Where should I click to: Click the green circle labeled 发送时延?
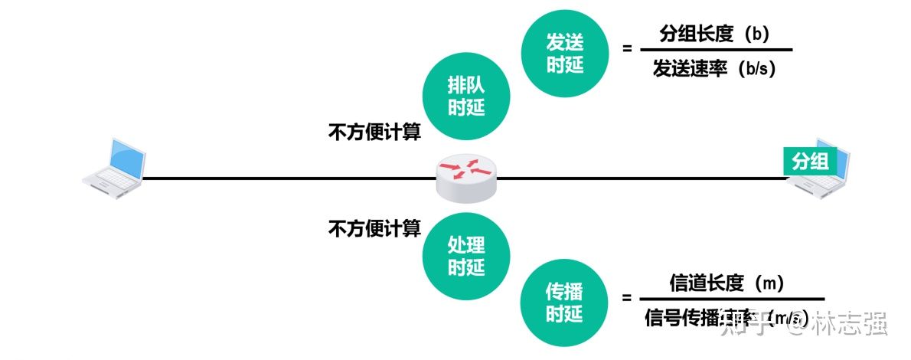tap(565, 54)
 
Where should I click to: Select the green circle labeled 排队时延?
tap(466, 97)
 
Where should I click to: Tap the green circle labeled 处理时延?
tap(466, 256)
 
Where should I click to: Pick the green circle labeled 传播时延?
tap(565, 303)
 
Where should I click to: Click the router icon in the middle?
tap(465, 176)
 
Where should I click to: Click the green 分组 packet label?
tap(810, 161)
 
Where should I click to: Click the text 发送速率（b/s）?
tap(714, 69)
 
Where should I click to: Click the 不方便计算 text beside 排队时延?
tap(374, 133)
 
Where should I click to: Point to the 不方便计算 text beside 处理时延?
tap(374, 227)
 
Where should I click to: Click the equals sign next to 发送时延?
tap(627, 48)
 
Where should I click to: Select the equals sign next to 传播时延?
tap(627, 298)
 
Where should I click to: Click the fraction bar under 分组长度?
tap(715, 51)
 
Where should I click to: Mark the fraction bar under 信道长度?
tap(731, 299)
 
